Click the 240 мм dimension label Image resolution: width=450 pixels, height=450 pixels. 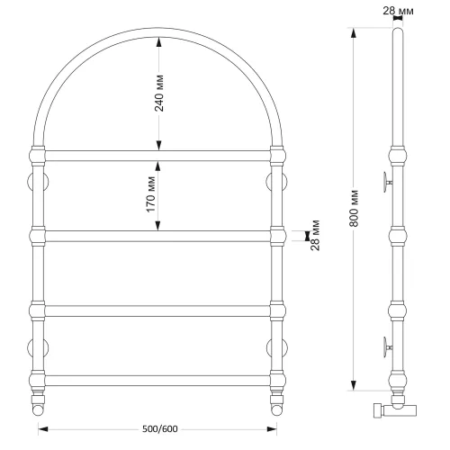159,94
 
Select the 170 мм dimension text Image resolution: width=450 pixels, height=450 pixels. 151,194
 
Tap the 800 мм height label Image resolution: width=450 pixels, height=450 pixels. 355,208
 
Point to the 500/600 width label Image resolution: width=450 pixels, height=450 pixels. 160,429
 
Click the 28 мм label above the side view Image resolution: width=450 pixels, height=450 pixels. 398,11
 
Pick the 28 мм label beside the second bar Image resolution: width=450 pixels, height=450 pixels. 316,235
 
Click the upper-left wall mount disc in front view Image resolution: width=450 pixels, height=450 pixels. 38,182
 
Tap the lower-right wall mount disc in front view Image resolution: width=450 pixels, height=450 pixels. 277,348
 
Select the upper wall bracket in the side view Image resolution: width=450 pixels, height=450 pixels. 388,182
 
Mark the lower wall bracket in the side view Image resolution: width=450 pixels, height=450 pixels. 388,347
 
